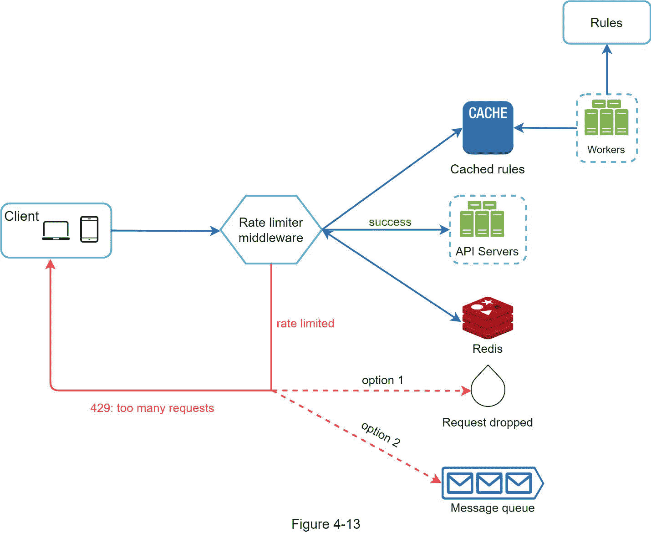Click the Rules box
pos(606,23)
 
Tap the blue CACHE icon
pos(488,127)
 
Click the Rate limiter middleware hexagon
pos(271,230)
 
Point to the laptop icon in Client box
pos(56,230)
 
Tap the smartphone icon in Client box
pos(89,229)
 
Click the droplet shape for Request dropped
pos(488,388)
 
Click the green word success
pos(390,222)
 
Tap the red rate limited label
pos(305,324)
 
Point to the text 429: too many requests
pos(152,408)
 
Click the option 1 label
pos(382,380)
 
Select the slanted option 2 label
pos(381,434)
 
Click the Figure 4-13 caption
pos(325,524)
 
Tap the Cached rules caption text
pos(487,169)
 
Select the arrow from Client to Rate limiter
pos(166,231)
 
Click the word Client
pos(22,216)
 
